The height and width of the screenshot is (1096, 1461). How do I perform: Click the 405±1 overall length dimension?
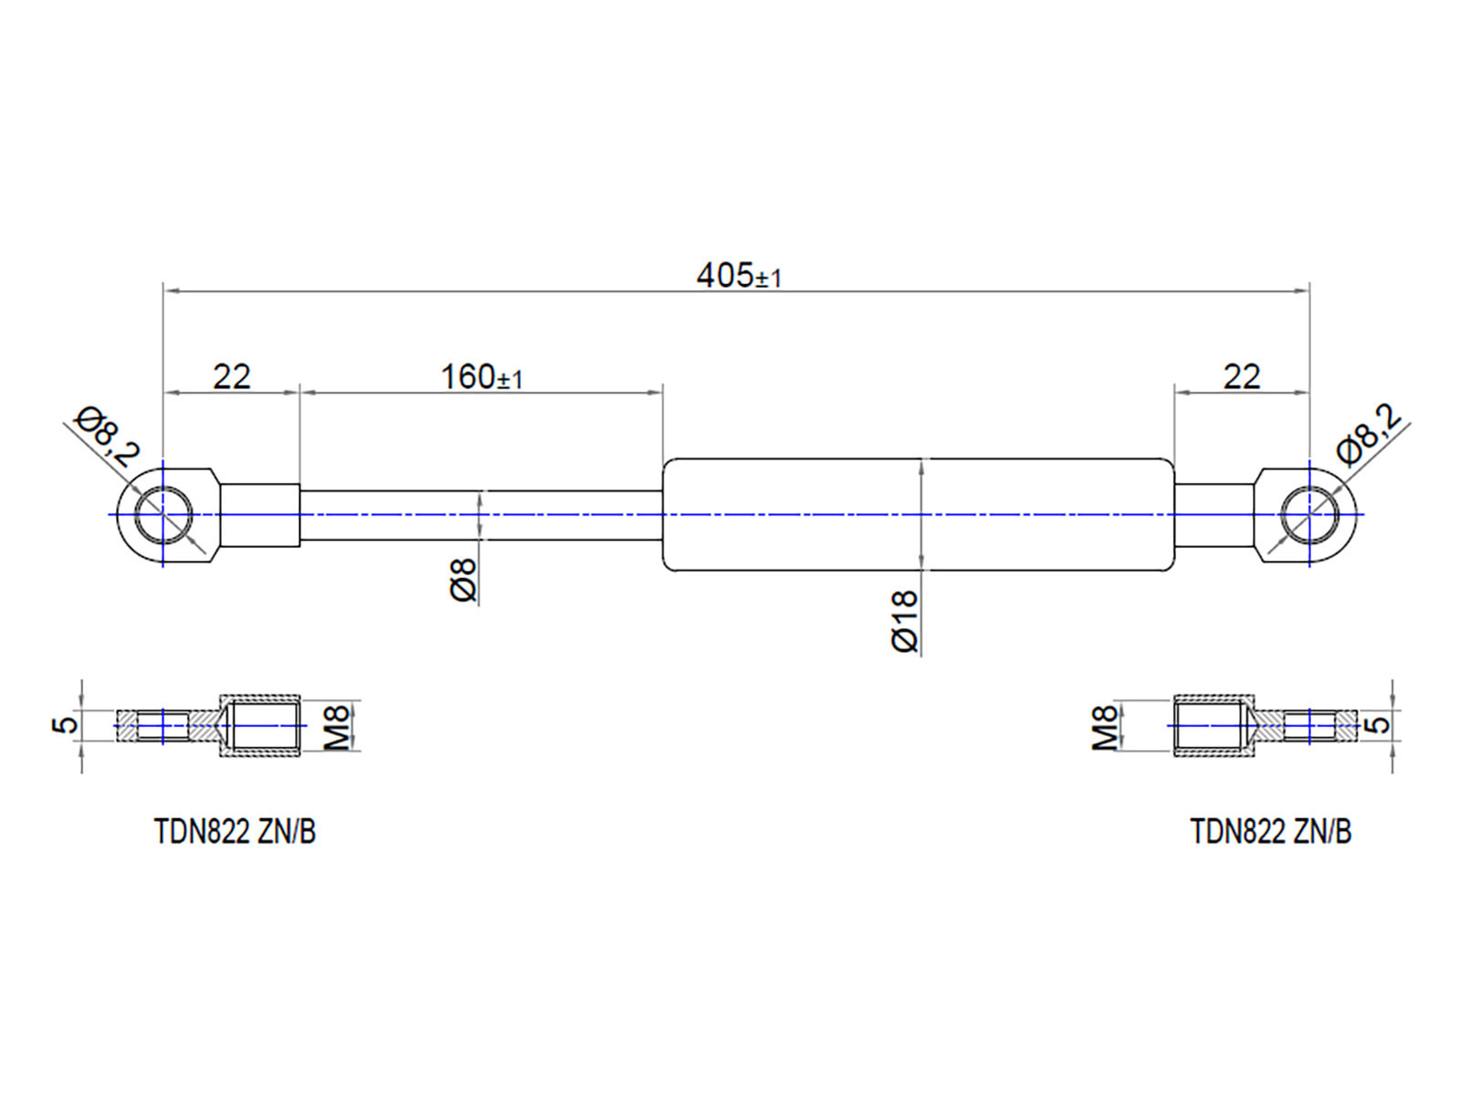(738, 275)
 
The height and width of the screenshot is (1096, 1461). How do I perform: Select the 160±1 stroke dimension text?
(481, 376)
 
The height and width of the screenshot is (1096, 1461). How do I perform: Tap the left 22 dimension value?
(231, 376)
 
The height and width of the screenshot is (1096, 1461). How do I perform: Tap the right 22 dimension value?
(1241, 376)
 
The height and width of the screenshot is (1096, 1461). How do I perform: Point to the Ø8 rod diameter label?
(464, 580)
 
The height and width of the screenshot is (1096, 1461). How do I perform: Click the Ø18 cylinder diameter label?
(904, 621)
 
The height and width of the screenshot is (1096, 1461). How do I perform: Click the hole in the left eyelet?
(163, 514)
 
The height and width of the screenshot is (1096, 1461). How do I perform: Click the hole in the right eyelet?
(1309, 514)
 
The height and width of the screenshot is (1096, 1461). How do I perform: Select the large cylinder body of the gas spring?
(918, 514)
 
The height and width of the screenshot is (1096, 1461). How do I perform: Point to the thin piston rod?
(481, 515)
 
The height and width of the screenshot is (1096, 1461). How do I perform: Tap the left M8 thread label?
(337, 726)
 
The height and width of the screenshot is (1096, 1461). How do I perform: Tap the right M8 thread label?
(1105, 727)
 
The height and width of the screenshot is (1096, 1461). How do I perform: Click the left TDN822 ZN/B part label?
(235, 832)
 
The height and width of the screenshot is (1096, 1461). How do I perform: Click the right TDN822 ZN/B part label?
(1270, 832)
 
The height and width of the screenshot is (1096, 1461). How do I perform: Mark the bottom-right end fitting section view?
(1264, 726)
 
